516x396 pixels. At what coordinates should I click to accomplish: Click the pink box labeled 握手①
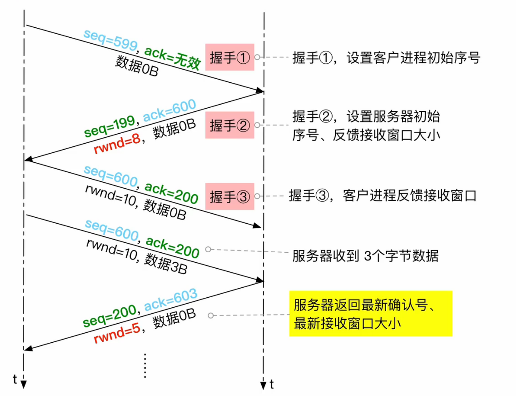tap(229, 57)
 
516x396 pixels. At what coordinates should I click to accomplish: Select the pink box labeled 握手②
tap(229, 125)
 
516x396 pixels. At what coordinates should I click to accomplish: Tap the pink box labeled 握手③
tap(229, 196)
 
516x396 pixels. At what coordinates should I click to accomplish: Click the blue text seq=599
tap(110, 40)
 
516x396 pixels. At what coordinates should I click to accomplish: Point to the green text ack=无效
tap(172, 57)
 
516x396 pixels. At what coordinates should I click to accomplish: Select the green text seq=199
tap(109, 126)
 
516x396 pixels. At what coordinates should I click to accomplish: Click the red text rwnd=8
tap(117, 144)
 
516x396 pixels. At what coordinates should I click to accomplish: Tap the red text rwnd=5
tap(117, 333)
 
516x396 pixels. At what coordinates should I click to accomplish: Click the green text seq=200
tap(109, 315)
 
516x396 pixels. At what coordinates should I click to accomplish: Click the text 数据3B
tap(166, 264)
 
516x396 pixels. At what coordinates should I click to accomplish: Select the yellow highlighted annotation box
tap(371, 314)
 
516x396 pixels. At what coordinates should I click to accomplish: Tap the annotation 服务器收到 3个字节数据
tap(365, 256)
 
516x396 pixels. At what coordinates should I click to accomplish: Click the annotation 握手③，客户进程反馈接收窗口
tap(382, 196)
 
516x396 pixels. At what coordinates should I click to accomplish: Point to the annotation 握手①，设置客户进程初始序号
tap(386, 58)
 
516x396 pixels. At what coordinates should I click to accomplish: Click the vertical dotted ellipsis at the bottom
tap(145, 366)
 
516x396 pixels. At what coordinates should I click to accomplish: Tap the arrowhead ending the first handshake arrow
tap(260, 91)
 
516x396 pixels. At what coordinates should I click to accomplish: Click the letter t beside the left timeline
tap(15, 379)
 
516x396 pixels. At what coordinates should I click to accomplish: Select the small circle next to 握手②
tap(257, 125)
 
